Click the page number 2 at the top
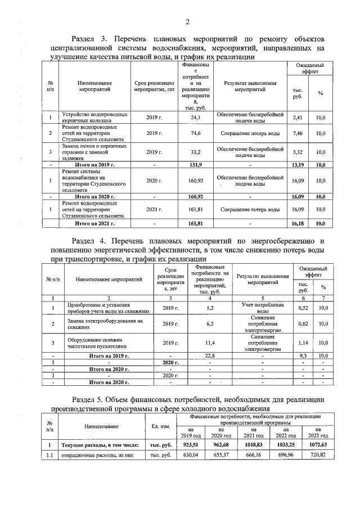pyautogui.click(x=187, y=22)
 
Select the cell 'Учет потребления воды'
pyautogui.click(x=262, y=308)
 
